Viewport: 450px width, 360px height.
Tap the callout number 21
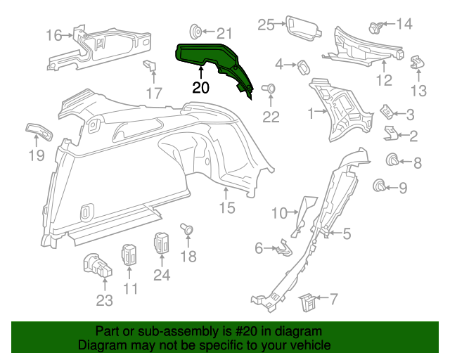click(x=224, y=32)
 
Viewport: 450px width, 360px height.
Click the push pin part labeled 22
click(x=269, y=90)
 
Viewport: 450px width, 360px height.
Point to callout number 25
click(x=265, y=25)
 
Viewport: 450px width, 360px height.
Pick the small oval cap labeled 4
click(x=303, y=66)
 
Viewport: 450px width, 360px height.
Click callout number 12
click(x=383, y=80)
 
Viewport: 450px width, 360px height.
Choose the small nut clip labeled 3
click(x=387, y=112)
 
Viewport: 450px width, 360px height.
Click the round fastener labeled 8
click(x=393, y=160)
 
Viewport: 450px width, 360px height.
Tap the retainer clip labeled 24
click(x=162, y=244)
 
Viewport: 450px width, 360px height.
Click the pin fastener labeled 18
click(x=188, y=230)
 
